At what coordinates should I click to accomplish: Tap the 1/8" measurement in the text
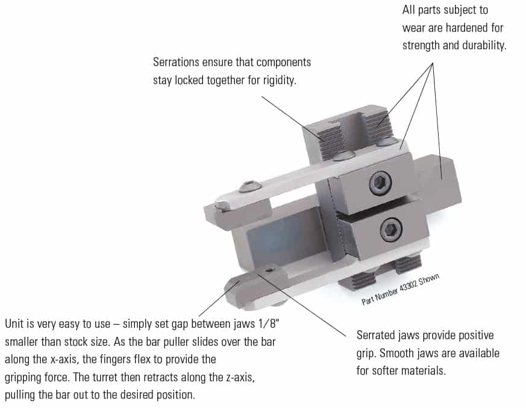268,324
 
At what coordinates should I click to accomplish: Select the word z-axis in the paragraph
240,378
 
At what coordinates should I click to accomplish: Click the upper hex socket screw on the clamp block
380,183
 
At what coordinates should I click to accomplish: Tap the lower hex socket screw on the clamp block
391,229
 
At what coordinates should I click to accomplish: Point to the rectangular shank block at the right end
439,184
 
